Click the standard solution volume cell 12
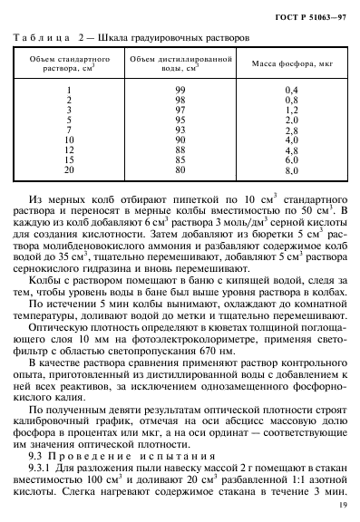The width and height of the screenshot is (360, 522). (x=69, y=150)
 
